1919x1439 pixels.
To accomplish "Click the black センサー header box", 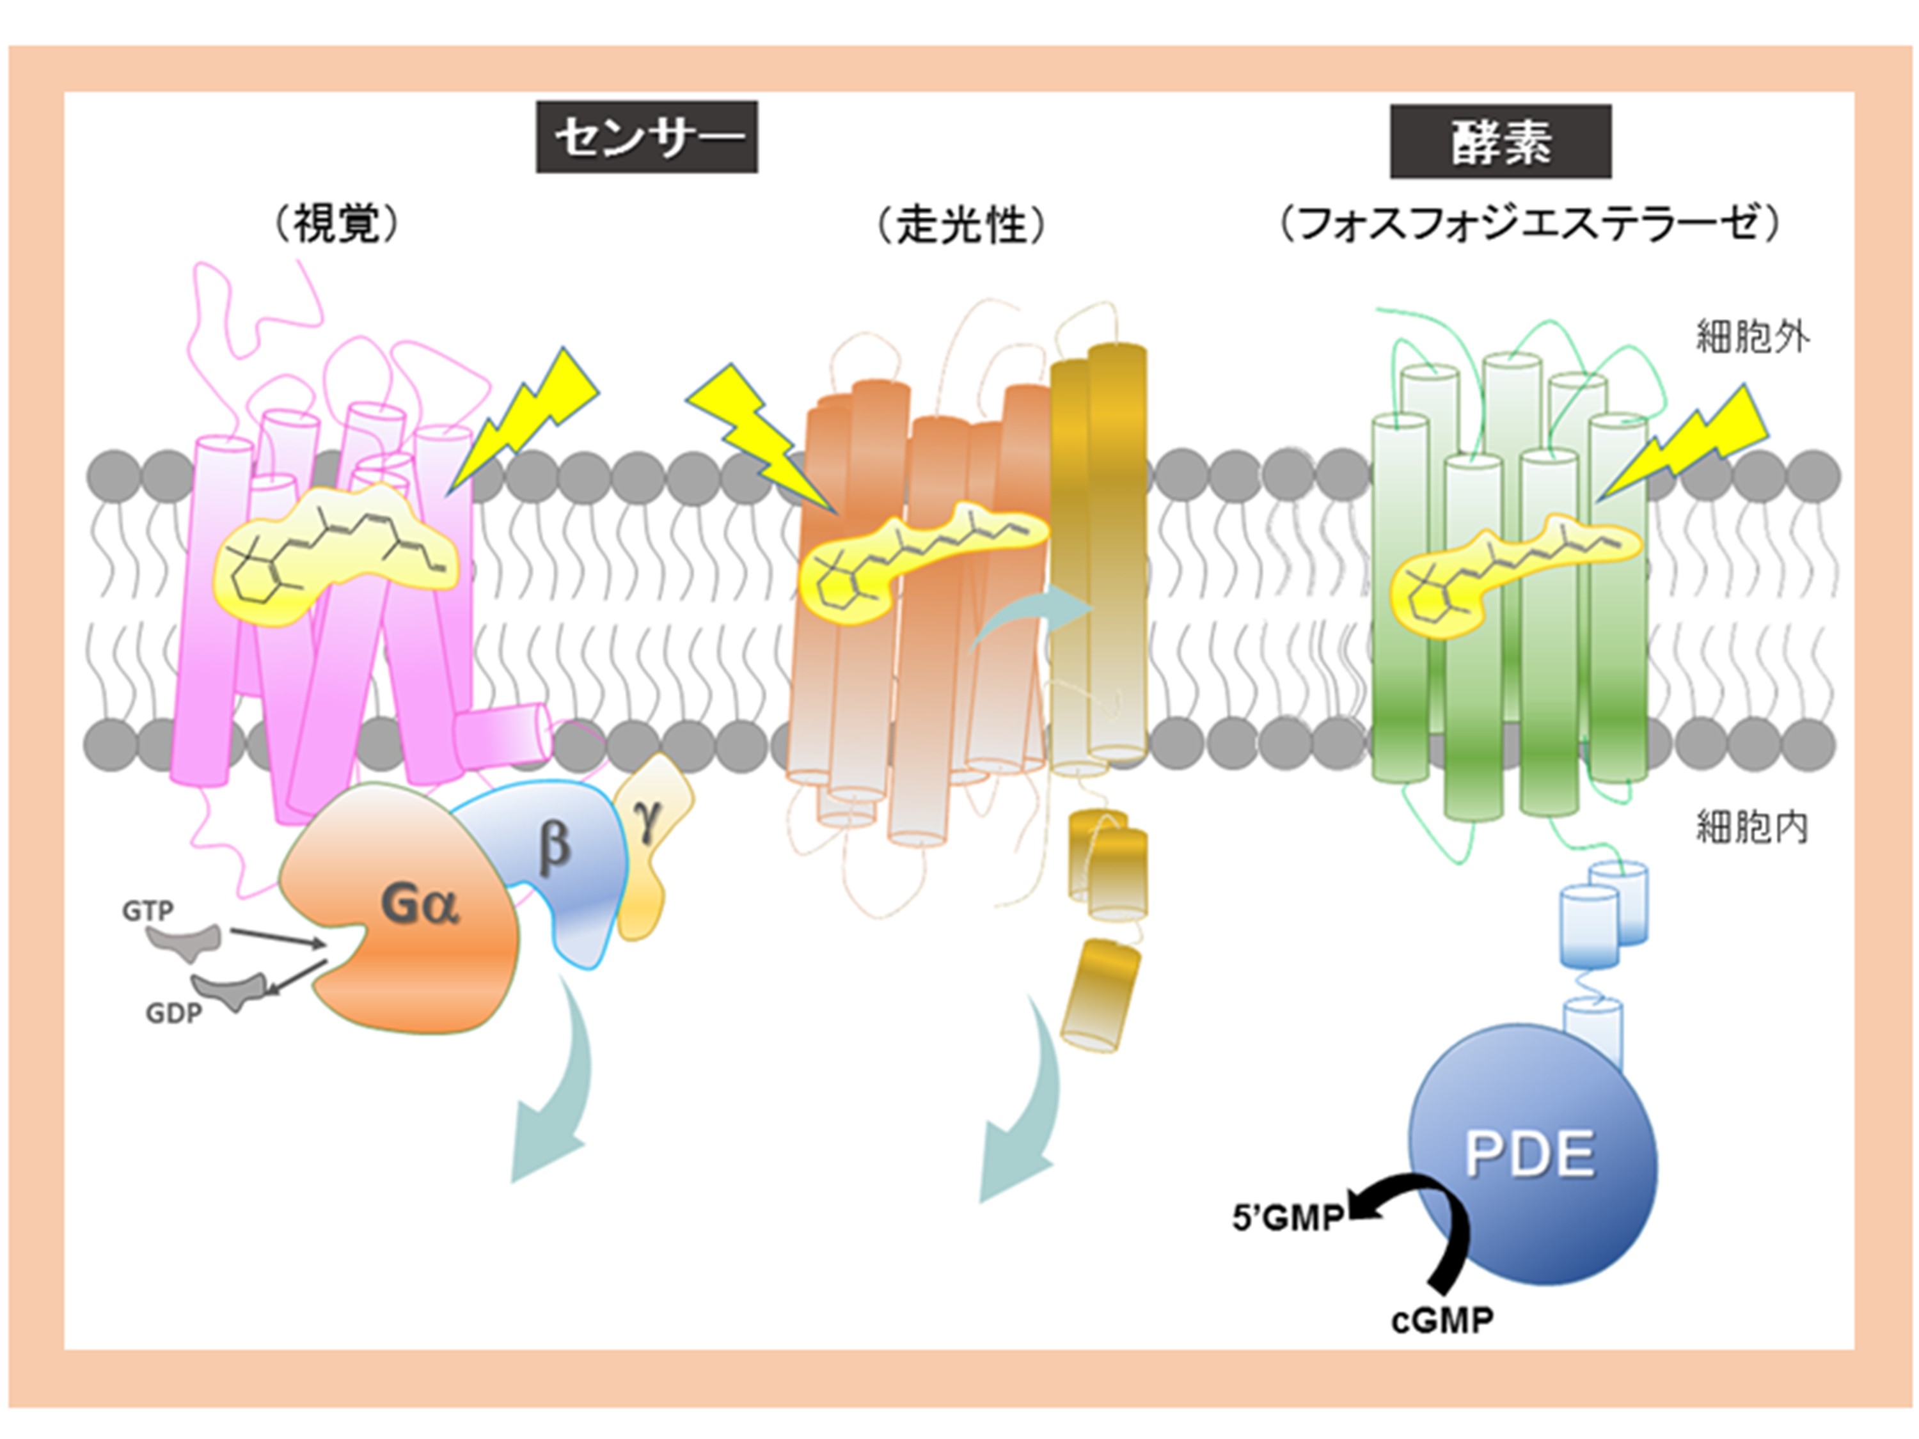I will [x=646, y=137].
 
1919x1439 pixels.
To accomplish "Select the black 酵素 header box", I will [x=1500, y=141].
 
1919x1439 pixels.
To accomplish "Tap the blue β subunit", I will [x=555, y=854].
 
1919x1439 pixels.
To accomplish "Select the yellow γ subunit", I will [x=651, y=833].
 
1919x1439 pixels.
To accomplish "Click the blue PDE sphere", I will [x=1531, y=1154].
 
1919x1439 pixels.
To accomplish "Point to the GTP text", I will [x=148, y=910].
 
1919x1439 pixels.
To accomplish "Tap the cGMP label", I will [x=1442, y=1320].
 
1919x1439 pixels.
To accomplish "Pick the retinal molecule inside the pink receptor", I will [x=334, y=551].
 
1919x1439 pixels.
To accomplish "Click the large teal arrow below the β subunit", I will [x=555, y=1093].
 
